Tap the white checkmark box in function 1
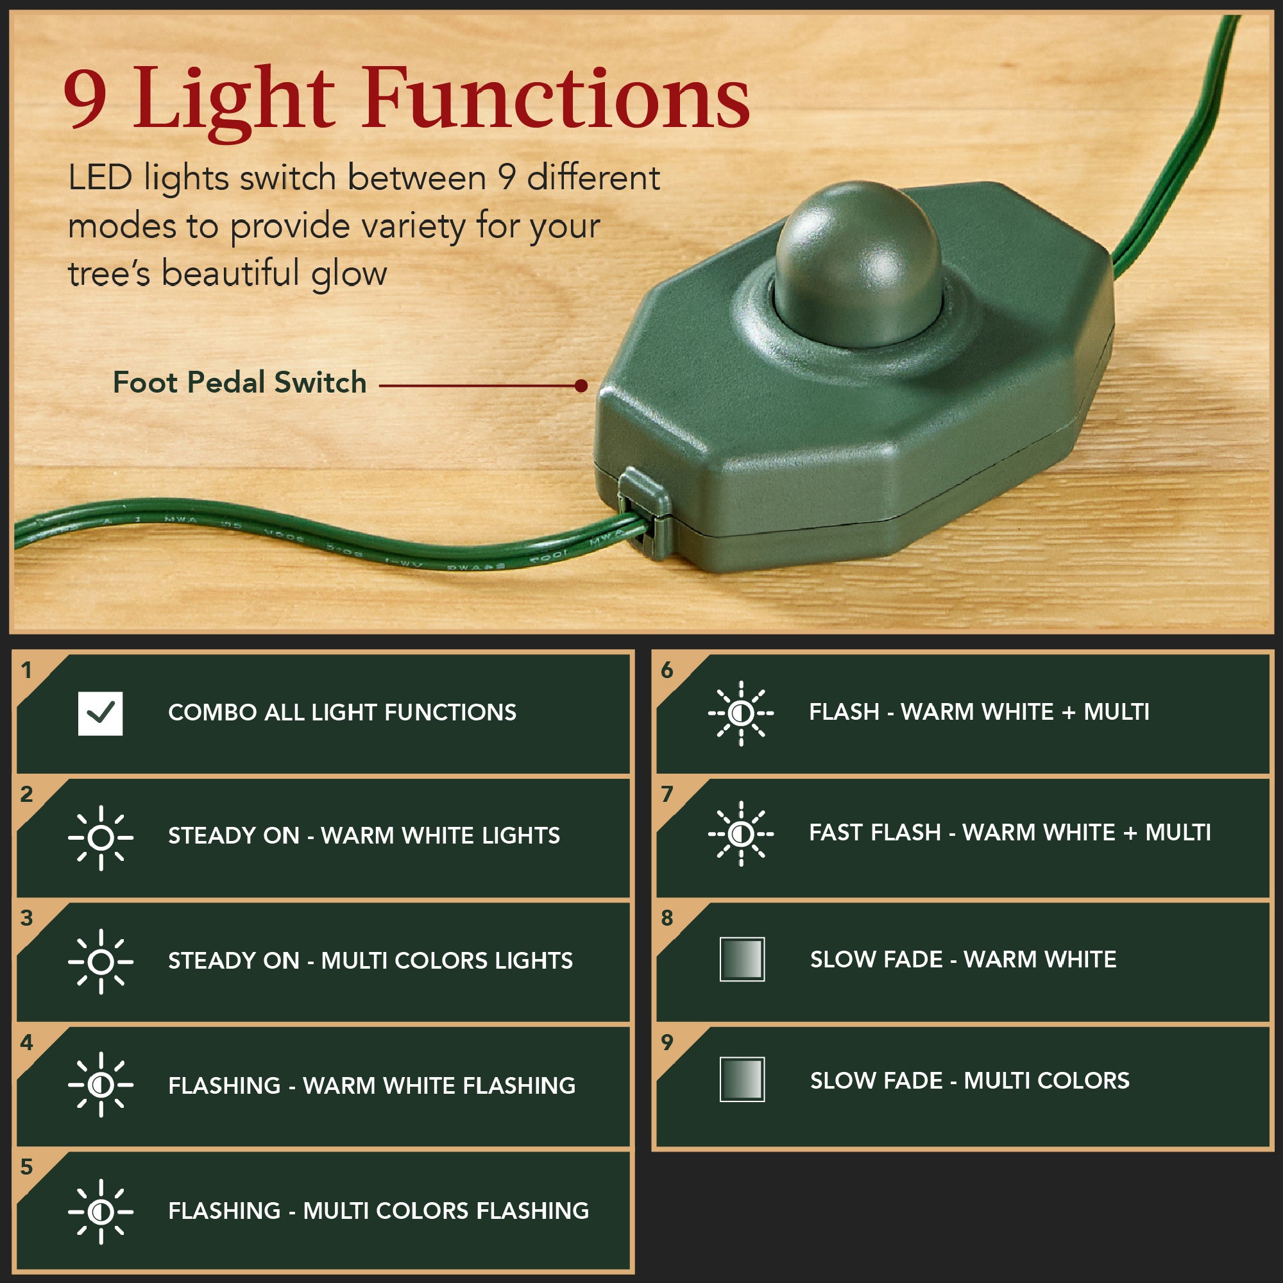point(100,713)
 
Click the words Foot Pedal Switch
point(239,383)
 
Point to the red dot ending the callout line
point(581,386)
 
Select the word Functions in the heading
point(556,98)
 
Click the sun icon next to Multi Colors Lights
point(100,962)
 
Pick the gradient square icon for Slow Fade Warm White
point(742,959)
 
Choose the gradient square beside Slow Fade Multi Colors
point(742,1080)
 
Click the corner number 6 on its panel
point(667,671)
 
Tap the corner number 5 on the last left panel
point(26,1168)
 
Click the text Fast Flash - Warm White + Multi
point(1009,833)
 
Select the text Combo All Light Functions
point(342,713)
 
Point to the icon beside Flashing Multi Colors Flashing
point(100,1211)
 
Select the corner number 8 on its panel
point(667,919)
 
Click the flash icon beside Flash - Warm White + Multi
point(740,713)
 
